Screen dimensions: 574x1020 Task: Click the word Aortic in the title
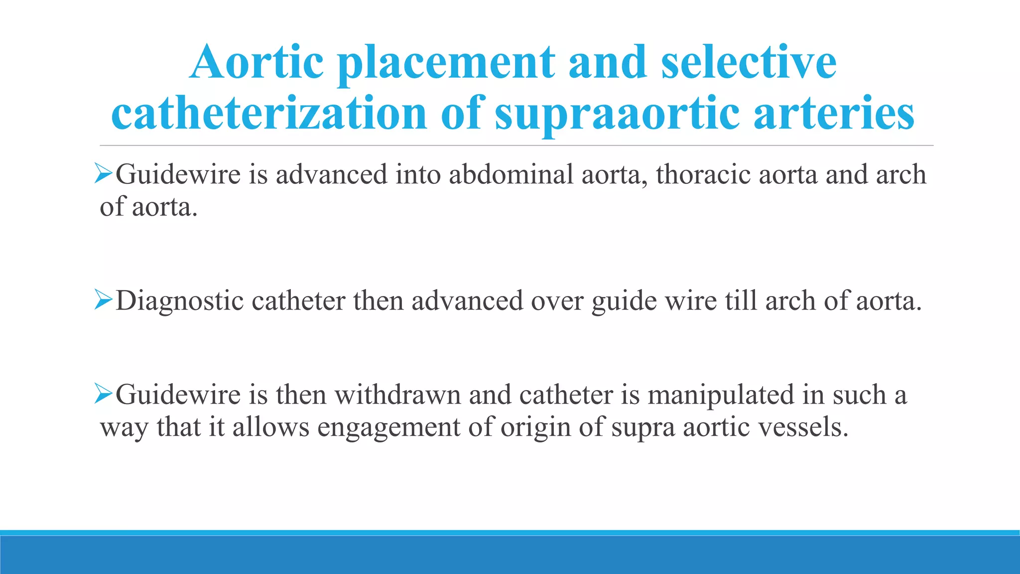pyautogui.click(x=257, y=63)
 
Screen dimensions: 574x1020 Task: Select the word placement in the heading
pyautogui.click(x=446, y=63)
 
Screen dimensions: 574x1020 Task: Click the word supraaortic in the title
pyautogui.click(x=617, y=114)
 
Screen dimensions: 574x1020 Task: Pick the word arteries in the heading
pyautogui.click(x=834, y=114)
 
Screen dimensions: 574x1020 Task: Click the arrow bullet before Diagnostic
pyautogui.click(x=103, y=300)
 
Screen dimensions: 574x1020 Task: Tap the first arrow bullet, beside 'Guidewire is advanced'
pyautogui.click(x=103, y=174)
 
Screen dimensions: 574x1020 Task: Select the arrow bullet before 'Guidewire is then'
pyautogui.click(x=103, y=394)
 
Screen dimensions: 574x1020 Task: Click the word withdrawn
pyautogui.click(x=397, y=395)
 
